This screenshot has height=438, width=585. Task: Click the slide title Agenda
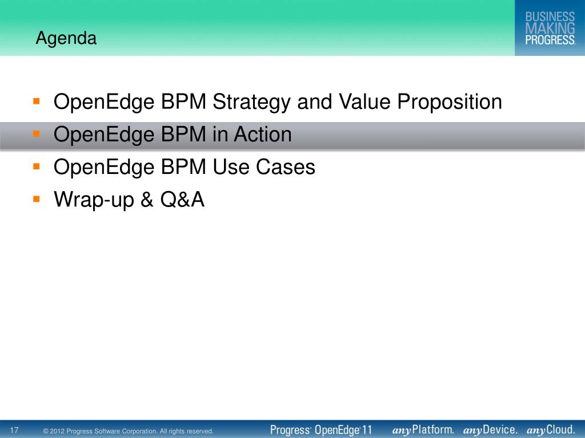tap(66, 38)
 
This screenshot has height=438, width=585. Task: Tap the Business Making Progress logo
tap(550, 28)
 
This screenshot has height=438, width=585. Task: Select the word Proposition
tap(450, 102)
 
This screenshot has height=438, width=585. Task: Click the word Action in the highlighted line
tap(263, 134)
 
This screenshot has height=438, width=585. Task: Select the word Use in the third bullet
tap(231, 167)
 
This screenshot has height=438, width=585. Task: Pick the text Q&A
tap(182, 199)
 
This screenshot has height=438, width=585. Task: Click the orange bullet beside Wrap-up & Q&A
tap(36, 199)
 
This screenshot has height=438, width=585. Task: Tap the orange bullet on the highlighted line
tap(36, 133)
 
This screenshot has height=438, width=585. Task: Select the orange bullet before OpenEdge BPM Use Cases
tap(36, 167)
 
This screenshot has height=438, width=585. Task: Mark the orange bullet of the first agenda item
tap(36, 102)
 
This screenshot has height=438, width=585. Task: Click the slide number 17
tap(14, 431)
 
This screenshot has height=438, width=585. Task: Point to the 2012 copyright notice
tap(129, 431)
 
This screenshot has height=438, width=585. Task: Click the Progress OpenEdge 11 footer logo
tap(321, 430)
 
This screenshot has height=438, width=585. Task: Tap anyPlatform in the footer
tap(423, 430)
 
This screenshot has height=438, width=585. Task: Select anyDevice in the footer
tap(490, 430)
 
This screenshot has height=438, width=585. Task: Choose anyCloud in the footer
tap(551, 430)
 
